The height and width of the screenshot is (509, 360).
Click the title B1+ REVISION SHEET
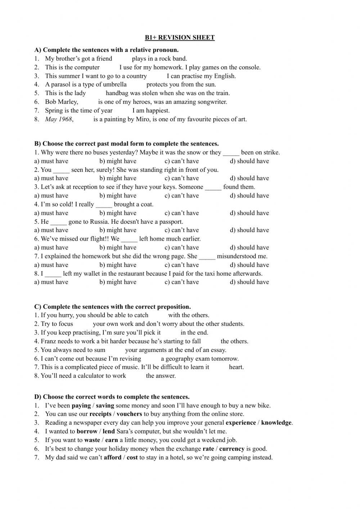pos(180,37)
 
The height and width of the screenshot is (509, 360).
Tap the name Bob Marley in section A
pos(61,102)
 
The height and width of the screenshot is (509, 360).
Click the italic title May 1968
pos(59,119)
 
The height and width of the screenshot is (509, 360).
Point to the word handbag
pos(117,93)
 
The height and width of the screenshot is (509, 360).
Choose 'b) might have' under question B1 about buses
pos(118,161)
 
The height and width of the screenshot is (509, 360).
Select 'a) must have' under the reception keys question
pos(51,196)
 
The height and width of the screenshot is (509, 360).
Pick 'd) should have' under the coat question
pos(249,213)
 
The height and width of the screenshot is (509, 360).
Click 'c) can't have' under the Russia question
pos(181,230)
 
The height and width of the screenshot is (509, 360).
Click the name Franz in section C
pos(48,341)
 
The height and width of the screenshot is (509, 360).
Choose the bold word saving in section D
pos(105,406)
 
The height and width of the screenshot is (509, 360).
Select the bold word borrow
pos(87,432)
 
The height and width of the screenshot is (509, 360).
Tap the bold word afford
pos(113,458)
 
